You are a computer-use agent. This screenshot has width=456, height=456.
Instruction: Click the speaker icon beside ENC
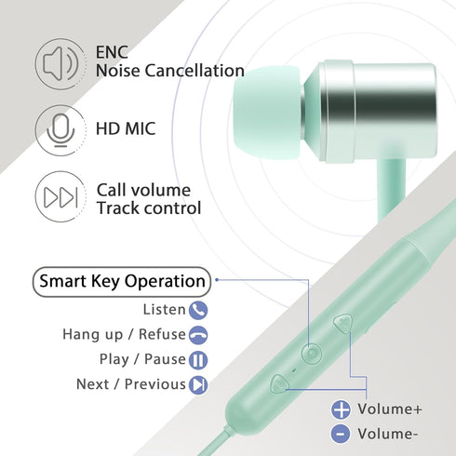click(x=60, y=64)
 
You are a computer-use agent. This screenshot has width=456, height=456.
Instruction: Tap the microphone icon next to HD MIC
click(x=60, y=130)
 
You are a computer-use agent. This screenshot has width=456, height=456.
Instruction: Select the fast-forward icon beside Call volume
click(x=60, y=196)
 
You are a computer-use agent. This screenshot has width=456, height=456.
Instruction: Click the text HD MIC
click(x=126, y=128)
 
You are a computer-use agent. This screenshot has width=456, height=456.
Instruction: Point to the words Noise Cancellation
click(x=170, y=71)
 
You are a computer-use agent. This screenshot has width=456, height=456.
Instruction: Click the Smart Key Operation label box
click(x=122, y=282)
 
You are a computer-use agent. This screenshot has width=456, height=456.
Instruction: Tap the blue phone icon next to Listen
click(x=198, y=310)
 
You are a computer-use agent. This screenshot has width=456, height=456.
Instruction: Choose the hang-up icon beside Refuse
click(x=198, y=335)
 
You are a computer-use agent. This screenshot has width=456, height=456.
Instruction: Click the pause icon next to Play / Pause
click(x=198, y=360)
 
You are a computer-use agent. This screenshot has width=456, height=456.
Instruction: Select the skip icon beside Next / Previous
click(x=198, y=384)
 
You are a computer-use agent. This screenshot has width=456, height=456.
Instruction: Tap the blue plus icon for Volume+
click(x=341, y=409)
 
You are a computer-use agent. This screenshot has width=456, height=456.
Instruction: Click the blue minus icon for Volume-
click(x=341, y=434)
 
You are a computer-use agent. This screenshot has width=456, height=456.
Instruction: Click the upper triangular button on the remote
click(x=343, y=323)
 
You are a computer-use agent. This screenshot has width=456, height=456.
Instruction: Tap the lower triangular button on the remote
click(x=278, y=383)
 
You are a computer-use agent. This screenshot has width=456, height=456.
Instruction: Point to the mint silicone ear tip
click(x=267, y=114)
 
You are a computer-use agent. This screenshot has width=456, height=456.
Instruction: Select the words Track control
click(x=149, y=208)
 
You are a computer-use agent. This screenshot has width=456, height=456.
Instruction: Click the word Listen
click(x=164, y=309)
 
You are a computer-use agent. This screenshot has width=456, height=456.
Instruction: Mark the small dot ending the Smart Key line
click(x=217, y=280)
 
